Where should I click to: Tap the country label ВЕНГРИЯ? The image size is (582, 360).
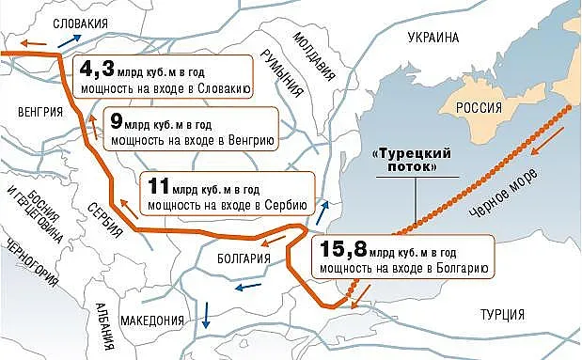pos(39,110)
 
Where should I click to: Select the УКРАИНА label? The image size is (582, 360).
pos(433,38)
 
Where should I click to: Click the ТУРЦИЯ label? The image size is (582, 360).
pos(503,314)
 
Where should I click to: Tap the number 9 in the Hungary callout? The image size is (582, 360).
pos(116,122)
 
